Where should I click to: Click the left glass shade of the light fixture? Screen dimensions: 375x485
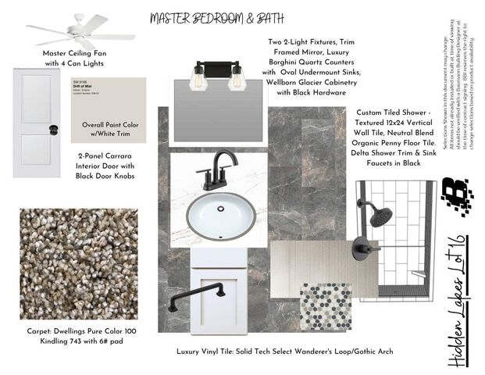199,80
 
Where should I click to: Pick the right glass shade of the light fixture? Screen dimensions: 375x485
236,80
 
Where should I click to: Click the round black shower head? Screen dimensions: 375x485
380,216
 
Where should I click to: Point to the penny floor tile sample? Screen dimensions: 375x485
326,306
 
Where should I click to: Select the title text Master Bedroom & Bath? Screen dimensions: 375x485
205,17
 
